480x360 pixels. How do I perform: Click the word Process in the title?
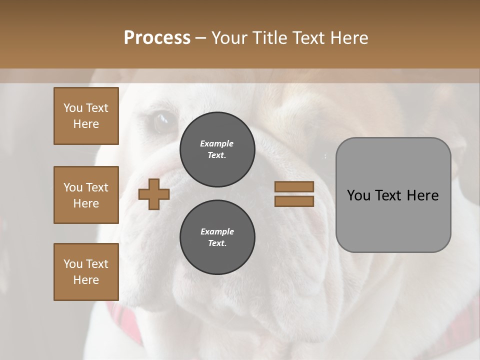157,38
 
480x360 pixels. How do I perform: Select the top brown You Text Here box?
86,116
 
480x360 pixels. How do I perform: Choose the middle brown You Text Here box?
86,195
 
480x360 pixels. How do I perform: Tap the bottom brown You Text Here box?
86,271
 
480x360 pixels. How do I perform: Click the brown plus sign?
154,194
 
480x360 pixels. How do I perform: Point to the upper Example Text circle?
217,149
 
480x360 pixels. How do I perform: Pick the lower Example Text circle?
217,237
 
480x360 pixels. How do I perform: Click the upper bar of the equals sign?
294,186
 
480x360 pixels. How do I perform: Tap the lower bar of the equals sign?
294,201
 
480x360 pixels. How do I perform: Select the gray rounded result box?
393,195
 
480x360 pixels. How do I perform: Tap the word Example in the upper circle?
217,143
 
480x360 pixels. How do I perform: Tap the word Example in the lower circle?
217,231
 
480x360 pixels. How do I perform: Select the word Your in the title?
228,38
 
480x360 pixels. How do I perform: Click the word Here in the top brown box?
86,124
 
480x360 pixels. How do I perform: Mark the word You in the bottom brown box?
72,264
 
